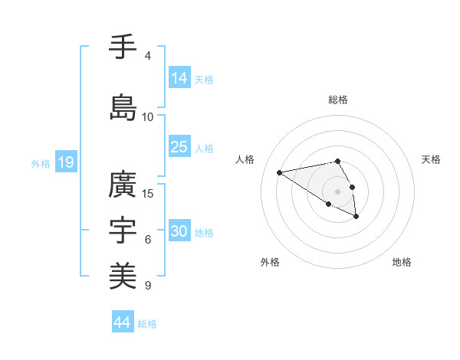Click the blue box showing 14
179,78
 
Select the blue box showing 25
179,147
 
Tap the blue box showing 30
179,231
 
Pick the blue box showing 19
66,162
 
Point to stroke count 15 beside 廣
148,193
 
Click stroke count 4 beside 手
147,56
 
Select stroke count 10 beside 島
148,116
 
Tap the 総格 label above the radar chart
338,100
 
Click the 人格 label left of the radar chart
245,159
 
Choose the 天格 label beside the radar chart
431,159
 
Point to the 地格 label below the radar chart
402,262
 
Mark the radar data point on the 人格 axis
279,172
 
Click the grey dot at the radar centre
337,191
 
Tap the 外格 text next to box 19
41,163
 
